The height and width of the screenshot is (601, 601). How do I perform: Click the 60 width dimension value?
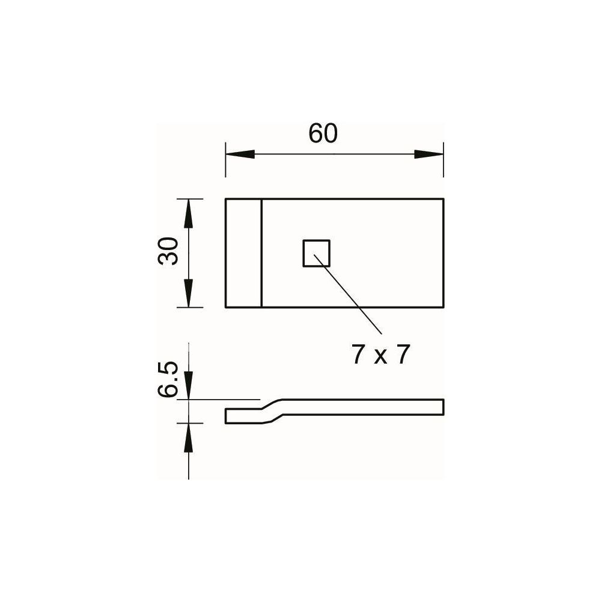click(x=323, y=133)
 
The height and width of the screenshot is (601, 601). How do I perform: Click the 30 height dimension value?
click(x=168, y=251)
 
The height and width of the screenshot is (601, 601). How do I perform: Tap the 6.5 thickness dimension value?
click(x=168, y=379)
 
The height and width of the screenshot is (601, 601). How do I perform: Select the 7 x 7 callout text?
click(x=381, y=355)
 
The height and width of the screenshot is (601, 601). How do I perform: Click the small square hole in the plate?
click(x=317, y=253)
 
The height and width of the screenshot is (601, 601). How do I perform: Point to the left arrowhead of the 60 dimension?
click(x=240, y=154)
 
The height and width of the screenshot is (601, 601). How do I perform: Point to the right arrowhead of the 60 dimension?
click(x=429, y=154)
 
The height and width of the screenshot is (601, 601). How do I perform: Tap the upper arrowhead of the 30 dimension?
click(x=188, y=214)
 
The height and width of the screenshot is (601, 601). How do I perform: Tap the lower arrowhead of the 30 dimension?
click(x=188, y=293)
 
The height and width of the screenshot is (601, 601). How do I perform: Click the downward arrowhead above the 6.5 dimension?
click(x=188, y=385)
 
